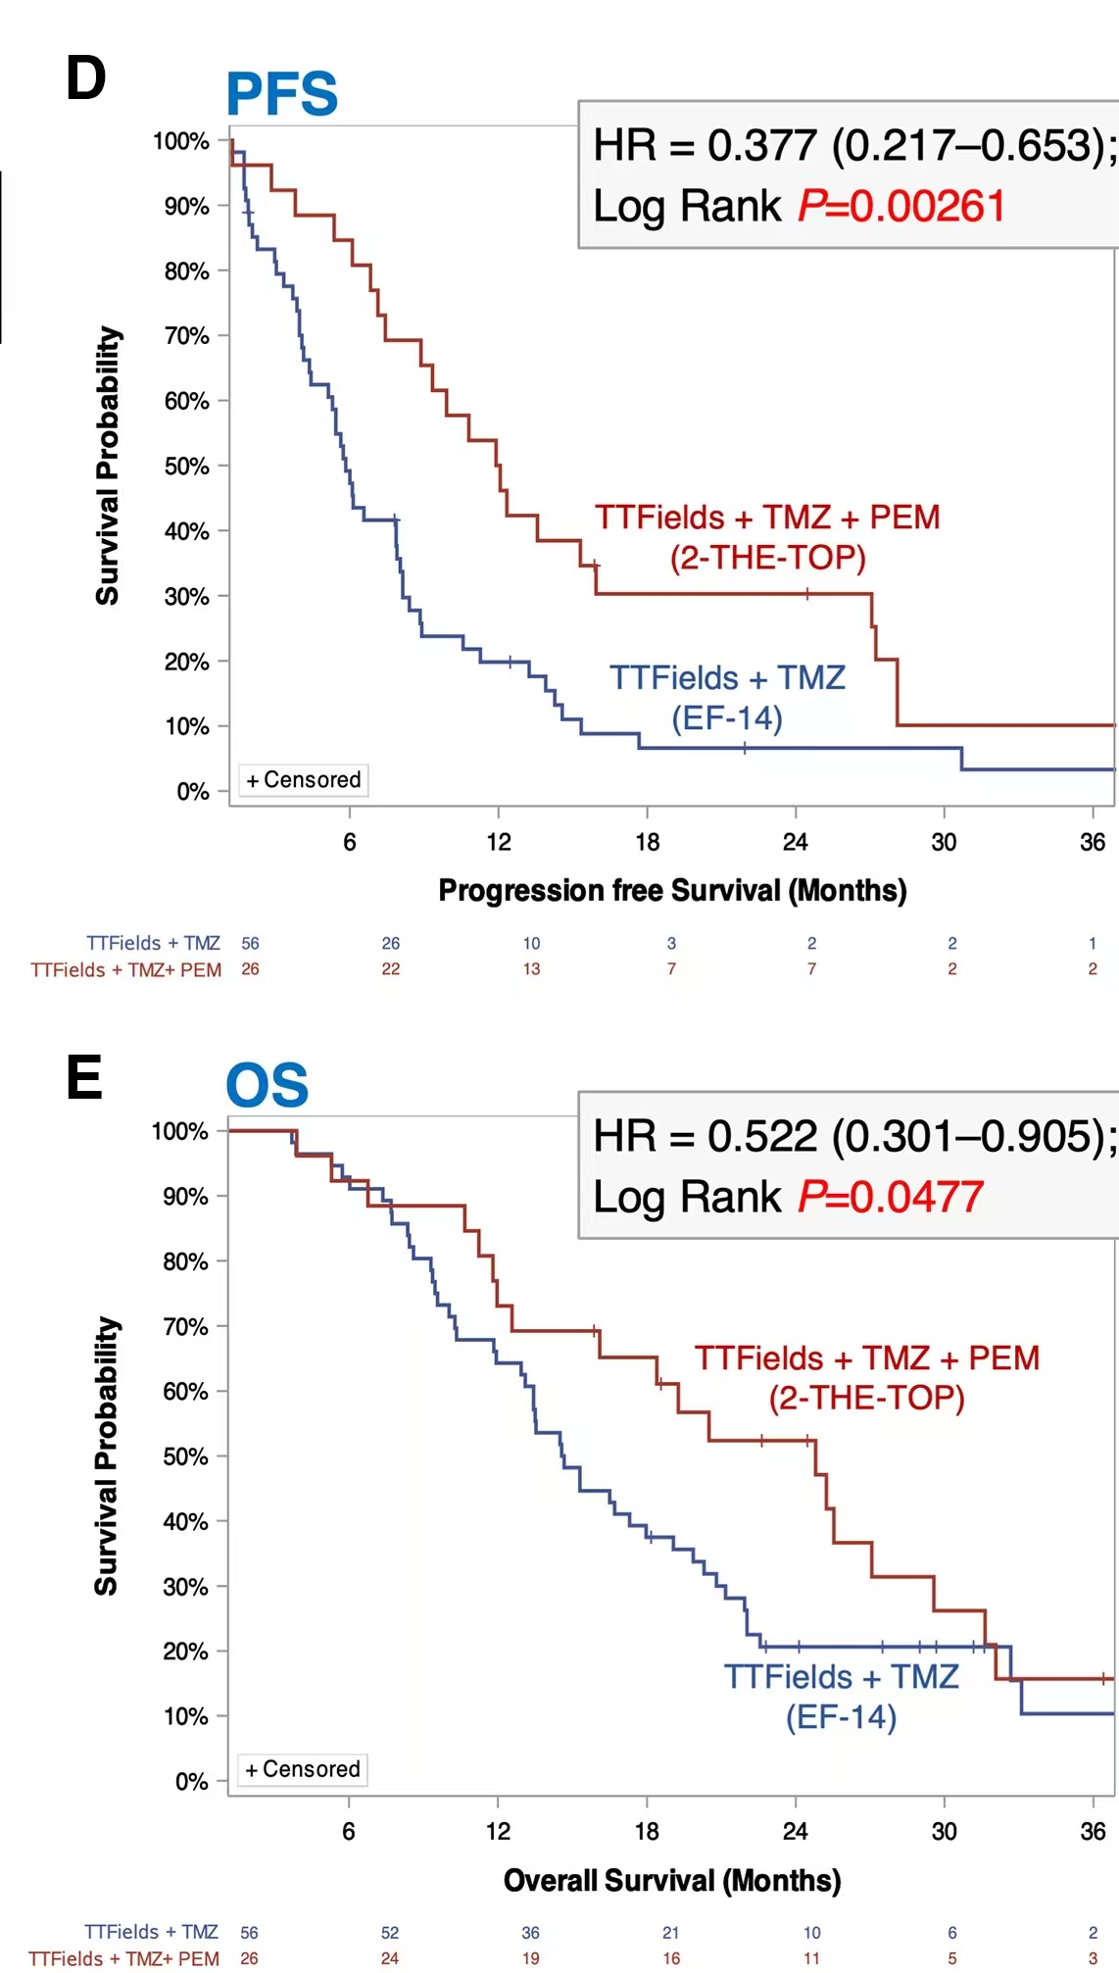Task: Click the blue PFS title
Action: point(282,95)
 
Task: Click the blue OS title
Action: point(267,1086)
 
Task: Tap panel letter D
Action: point(85,78)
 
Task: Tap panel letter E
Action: point(84,1078)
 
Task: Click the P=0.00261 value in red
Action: point(901,207)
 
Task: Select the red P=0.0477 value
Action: point(891,1197)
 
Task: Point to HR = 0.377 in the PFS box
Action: point(705,146)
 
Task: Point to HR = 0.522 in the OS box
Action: point(705,1137)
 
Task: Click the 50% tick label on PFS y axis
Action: point(186,467)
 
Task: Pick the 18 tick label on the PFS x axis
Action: point(647,842)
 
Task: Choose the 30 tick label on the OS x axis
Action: point(944,1831)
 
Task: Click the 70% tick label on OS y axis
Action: point(185,1327)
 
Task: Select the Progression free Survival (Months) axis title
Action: point(672,890)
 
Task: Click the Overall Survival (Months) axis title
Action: point(672,1880)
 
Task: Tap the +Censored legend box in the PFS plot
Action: point(304,780)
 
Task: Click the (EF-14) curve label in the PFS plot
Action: point(727,718)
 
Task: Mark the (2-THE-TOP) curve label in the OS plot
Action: point(867,1398)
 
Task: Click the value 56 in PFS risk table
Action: point(250,943)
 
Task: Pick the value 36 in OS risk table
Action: point(530,1932)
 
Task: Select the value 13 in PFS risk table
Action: point(531,968)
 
